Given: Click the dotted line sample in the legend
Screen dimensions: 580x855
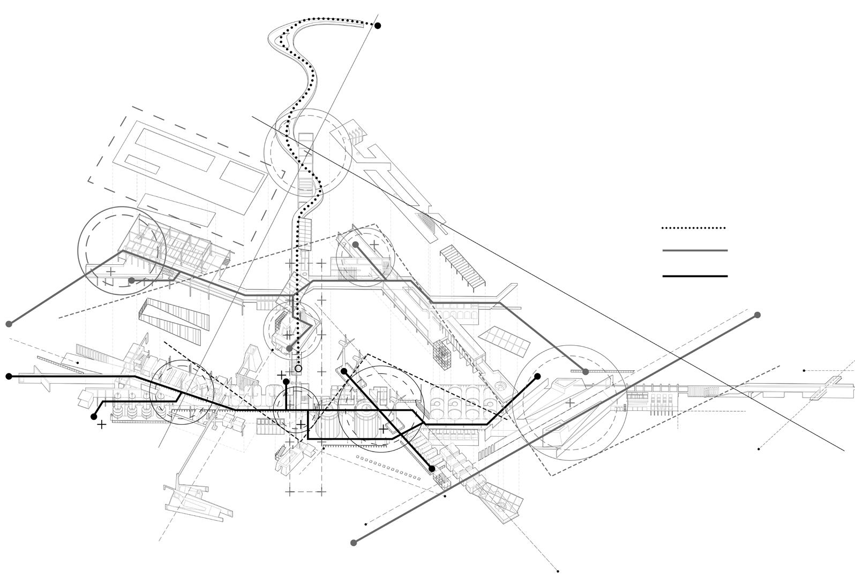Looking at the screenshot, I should pos(694,228).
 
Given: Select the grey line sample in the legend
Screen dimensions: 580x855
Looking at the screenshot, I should pos(695,250).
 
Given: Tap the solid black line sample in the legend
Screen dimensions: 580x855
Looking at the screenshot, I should pos(695,276).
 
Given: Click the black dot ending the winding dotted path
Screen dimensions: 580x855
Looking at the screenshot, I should pos(378,26).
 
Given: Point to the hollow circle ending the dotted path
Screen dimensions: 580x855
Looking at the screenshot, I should pos(298,369).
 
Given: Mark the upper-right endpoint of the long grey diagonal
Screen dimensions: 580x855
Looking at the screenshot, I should pos(757,315).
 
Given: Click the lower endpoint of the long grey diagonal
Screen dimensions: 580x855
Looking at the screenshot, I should pos(354,543).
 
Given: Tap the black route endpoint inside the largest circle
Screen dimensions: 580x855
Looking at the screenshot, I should pos(537,376).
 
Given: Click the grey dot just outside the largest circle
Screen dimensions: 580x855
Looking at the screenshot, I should pos(586,371).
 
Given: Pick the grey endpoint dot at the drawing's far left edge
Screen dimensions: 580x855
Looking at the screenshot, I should pos(9,324).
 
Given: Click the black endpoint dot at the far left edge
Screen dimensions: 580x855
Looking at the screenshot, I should pos(9,377).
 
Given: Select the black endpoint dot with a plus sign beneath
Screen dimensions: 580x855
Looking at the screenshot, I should pos(94,416).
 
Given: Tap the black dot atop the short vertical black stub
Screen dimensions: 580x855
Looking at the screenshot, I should pos(287,381).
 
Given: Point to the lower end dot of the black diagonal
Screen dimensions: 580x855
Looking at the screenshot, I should pos(432,469).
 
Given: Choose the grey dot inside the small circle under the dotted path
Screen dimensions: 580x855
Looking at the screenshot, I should pos(289,348).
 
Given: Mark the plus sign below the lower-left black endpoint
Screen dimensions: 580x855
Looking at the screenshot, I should pos(101,425).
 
